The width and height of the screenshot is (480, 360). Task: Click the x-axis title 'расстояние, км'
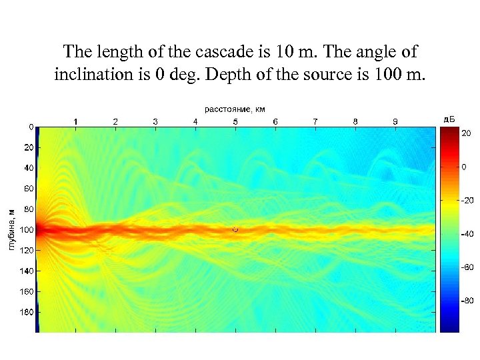point(235,108)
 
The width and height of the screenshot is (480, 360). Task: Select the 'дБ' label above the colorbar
point(449,119)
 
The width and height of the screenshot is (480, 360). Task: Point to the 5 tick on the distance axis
point(235,121)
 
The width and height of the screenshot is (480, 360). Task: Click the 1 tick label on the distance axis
point(75,121)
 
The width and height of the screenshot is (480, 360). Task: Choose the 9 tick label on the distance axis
point(395,121)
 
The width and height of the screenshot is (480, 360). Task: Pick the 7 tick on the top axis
point(315,121)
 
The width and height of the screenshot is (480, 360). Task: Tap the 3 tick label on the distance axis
point(155,121)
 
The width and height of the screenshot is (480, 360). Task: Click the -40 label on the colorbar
point(468,233)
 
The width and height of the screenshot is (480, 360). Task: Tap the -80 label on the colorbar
point(468,301)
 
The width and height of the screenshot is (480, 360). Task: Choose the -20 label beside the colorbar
point(468,200)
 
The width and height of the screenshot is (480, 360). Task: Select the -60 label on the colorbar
point(468,267)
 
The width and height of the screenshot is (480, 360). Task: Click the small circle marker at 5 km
point(235,229)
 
